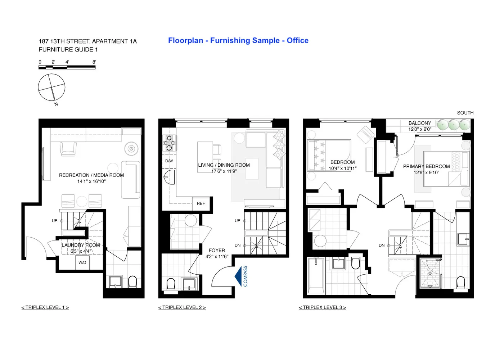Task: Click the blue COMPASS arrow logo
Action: coord(238,276)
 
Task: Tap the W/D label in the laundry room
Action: coord(82,262)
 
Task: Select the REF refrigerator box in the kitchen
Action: coord(201,203)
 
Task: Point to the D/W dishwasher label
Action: coord(169,161)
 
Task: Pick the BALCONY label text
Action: coord(419,123)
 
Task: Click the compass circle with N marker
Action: coord(51,87)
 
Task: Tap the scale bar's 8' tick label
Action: coord(94,62)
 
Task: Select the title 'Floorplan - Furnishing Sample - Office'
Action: coord(238,41)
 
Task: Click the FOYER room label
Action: coord(217,250)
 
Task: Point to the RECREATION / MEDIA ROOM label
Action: coord(91,175)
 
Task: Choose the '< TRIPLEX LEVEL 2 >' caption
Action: coord(182,307)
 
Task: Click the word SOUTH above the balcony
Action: coord(465,113)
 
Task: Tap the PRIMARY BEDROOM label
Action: coord(426,166)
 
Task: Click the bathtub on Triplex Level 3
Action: coord(316,276)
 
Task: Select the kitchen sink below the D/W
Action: coord(169,177)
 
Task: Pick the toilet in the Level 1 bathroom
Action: coord(132,281)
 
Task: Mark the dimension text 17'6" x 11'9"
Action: coord(224,171)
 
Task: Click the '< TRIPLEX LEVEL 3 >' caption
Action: coord(322,307)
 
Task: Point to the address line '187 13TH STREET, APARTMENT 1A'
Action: coord(87,41)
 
